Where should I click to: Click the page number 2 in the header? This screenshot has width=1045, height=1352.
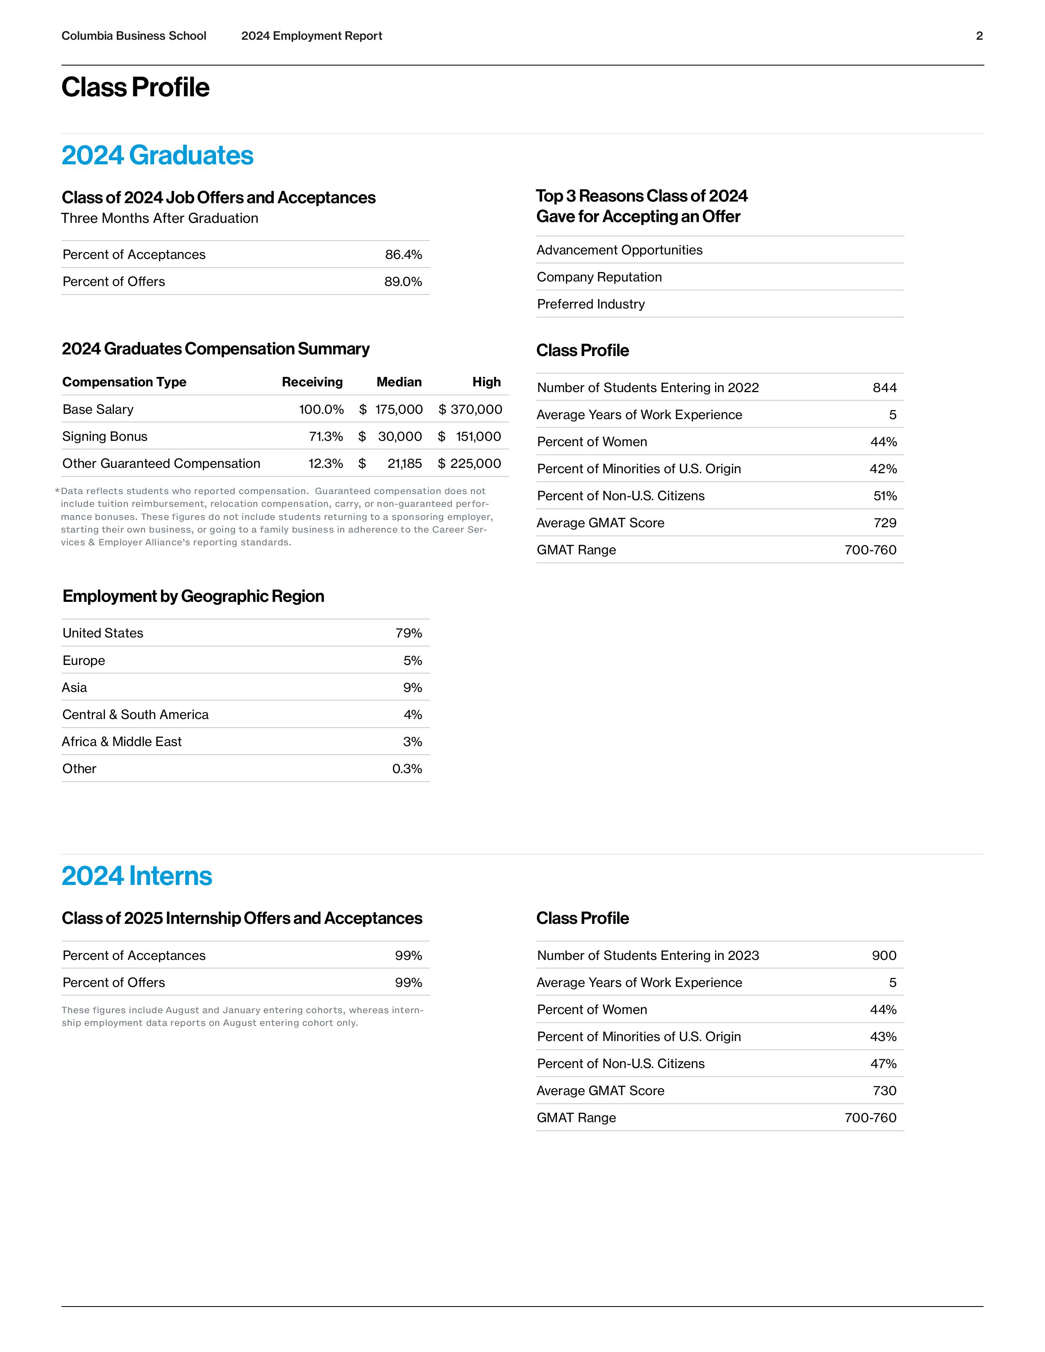tap(979, 36)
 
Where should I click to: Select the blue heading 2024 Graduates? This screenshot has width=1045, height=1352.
tap(157, 155)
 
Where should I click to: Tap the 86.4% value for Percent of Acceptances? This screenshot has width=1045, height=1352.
tap(403, 254)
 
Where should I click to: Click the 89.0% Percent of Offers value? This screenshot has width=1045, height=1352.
tap(403, 282)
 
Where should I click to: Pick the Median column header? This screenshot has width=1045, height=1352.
tap(399, 382)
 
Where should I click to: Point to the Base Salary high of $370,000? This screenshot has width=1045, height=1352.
tap(470, 409)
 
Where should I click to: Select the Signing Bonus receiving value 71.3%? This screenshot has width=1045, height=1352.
tap(326, 436)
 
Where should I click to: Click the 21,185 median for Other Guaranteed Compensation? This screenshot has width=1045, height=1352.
tap(404, 464)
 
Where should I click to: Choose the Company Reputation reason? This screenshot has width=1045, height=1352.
tap(599, 277)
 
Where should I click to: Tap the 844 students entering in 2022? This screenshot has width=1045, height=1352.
tap(884, 388)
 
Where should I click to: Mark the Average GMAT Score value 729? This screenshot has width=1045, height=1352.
tap(885, 523)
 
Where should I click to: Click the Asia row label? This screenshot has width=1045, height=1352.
tap(74, 688)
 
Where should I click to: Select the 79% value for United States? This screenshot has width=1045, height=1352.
tap(409, 633)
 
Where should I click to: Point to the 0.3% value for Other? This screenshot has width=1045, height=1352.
tap(407, 769)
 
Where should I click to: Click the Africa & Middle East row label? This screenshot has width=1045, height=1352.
tap(121, 742)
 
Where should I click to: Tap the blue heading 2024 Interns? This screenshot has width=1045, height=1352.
tap(137, 876)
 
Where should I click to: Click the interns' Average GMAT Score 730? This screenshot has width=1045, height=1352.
tap(884, 1091)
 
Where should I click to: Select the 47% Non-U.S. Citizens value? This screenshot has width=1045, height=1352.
tap(883, 1064)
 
